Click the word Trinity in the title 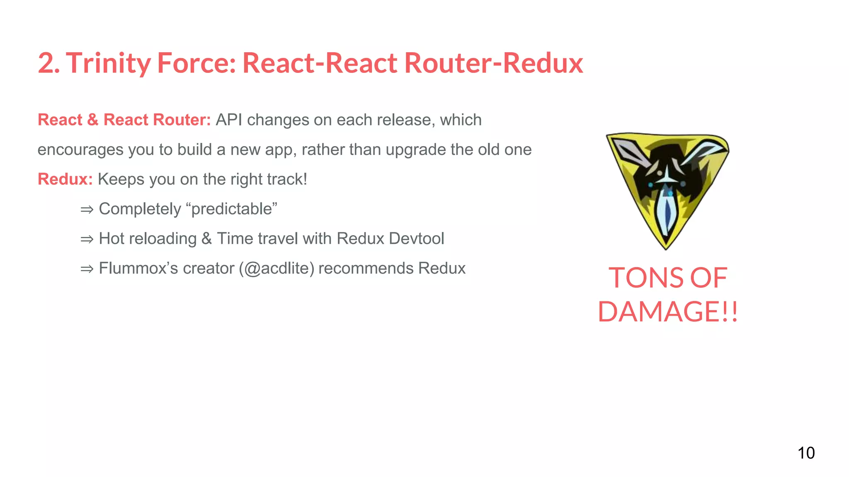108,63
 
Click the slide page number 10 806,453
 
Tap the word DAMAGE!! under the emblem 668,312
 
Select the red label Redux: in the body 65,179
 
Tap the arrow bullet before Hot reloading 87,239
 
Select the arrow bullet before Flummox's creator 87,269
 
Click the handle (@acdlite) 276,269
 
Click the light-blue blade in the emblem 667,213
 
